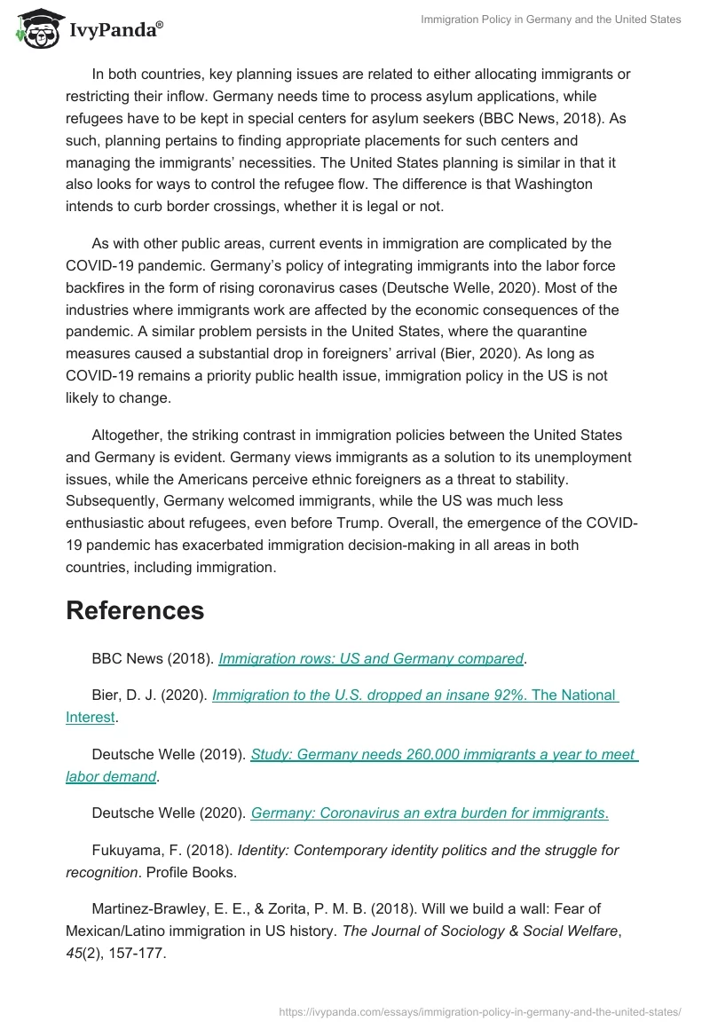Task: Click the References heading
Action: (x=135, y=610)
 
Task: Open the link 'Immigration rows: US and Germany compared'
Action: (x=371, y=658)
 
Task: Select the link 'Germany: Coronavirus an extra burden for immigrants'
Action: (x=429, y=813)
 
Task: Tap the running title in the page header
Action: (x=550, y=20)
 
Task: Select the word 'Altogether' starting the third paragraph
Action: (x=125, y=435)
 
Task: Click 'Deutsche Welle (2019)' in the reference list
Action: (x=167, y=755)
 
